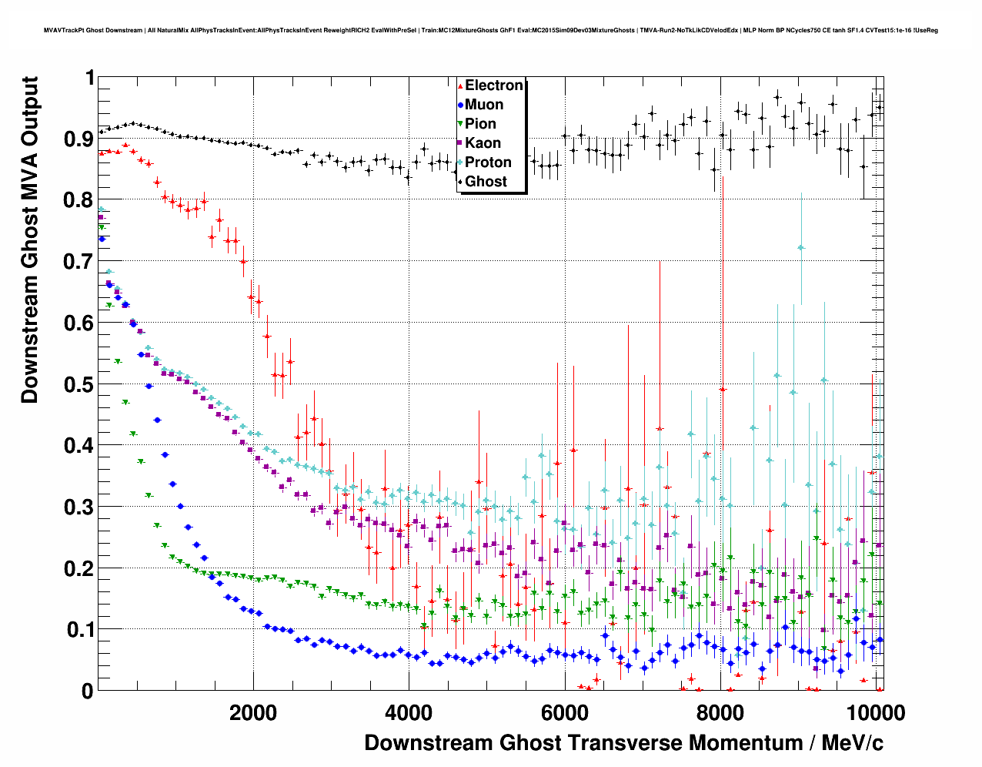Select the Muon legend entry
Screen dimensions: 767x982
(x=483, y=105)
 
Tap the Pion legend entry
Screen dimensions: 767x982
(x=480, y=124)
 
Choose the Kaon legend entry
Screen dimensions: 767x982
(x=483, y=143)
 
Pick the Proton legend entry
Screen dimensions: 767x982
(x=488, y=162)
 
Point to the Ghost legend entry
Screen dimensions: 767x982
(x=486, y=182)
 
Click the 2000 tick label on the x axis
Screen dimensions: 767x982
(x=253, y=713)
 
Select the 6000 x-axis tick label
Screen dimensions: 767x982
(x=566, y=713)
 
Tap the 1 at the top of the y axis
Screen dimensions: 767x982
(x=90, y=78)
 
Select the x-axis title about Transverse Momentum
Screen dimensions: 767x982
(x=623, y=743)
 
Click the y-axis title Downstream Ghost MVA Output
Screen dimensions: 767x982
(x=30, y=239)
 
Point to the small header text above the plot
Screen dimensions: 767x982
(x=491, y=31)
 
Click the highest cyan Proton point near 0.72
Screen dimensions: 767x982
(x=801, y=247)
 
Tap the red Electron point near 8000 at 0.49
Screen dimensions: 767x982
(x=723, y=390)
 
